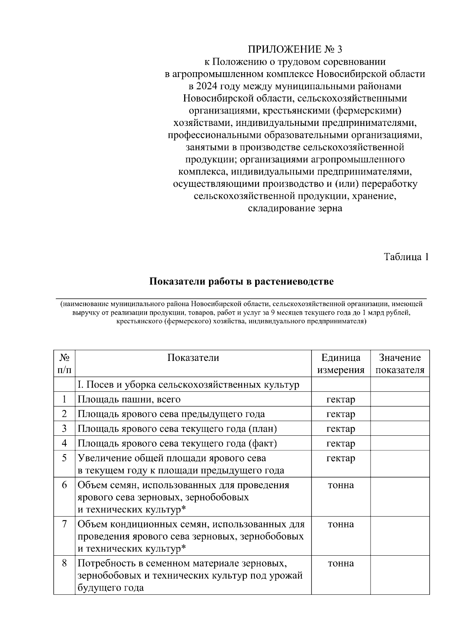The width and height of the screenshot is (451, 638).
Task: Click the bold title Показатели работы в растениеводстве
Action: pos(241,282)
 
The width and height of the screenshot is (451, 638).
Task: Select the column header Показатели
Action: pos(193,358)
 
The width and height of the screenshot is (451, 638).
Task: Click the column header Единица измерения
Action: pos(341,364)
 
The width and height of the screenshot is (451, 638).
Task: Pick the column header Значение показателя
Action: pos(400,364)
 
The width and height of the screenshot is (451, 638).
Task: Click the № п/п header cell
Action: pos(64,364)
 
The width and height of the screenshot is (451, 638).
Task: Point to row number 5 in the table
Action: pos(64,458)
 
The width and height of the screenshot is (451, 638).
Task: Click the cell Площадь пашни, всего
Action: pos(129,399)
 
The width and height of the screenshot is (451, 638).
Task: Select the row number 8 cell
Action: pos(64,563)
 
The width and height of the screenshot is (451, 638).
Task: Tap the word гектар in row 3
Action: pos(341,429)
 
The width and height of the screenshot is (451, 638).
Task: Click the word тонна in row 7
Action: pos(341,524)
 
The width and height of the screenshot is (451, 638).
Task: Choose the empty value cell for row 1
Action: pos(400,399)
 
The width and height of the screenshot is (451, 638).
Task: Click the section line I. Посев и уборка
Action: pos(188,385)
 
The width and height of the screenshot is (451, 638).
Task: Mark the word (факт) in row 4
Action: pos(262,443)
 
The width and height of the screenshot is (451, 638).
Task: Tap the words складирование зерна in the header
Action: pos(295,208)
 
